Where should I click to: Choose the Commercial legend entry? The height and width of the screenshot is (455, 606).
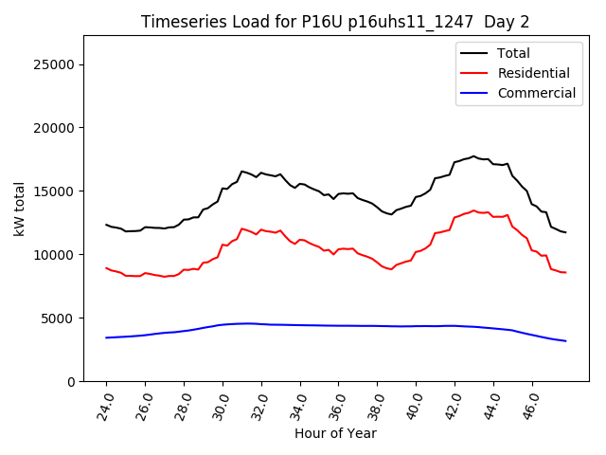coord(536,93)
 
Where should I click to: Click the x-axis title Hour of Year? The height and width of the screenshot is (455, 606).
coord(335,434)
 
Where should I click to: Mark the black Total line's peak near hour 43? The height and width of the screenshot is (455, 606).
coord(473,156)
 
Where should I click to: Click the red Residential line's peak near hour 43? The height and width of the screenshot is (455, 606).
coord(473,210)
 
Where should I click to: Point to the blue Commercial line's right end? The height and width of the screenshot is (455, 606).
coord(565,340)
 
